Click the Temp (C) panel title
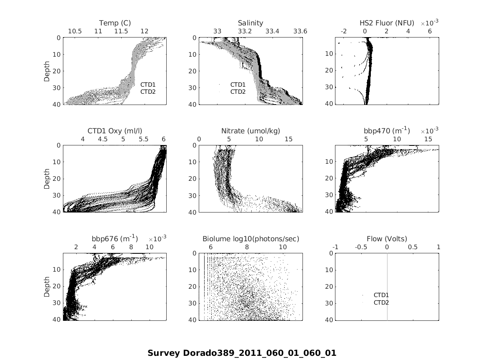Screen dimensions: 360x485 [115, 23]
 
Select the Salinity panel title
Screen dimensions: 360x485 [250, 23]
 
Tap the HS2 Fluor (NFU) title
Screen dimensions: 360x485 [387, 23]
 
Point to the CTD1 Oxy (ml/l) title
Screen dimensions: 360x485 [115, 131]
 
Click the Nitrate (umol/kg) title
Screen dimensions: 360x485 [250, 131]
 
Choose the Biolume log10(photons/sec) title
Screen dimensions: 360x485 [250, 239]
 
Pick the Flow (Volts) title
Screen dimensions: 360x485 [387, 239]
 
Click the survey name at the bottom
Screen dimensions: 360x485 [242, 353]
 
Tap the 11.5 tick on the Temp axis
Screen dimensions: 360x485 [121, 31]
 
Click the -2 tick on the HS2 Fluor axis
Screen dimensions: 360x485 [344, 31]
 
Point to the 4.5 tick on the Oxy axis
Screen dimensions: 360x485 [102, 139]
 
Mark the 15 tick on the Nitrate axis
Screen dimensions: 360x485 [288, 139]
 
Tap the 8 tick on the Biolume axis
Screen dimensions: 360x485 [247, 247]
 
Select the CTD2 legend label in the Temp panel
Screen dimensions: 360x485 [147, 92]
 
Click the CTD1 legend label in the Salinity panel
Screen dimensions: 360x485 [238, 85]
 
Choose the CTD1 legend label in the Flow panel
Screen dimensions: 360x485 [381, 295]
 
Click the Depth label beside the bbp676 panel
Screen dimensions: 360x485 [47, 287]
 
